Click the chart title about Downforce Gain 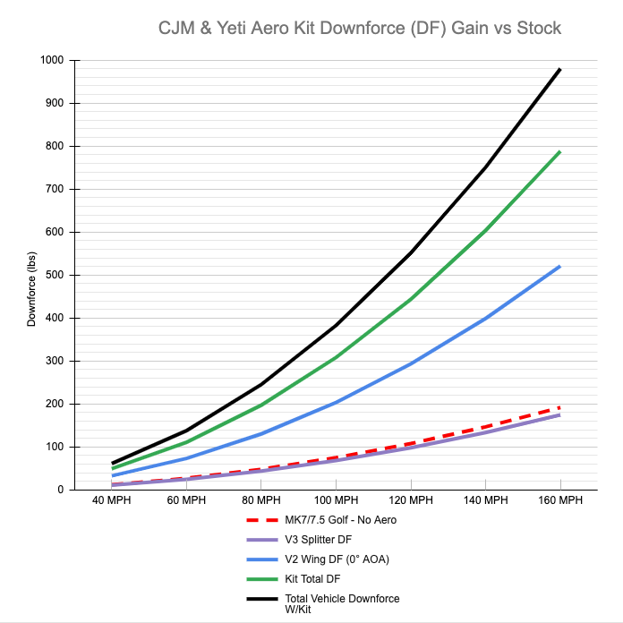pos(360,28)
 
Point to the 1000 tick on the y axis pos(52,60)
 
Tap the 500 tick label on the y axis pos(55,275)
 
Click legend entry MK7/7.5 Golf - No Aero pos(340,519)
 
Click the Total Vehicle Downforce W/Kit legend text pos(342,603)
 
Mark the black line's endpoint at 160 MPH pos(559,69)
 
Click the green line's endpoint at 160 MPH pos(559,151)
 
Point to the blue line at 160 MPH pos(559,266)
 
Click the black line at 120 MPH pos(411,252)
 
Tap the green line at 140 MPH pos(485,231)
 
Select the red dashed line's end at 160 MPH pos(559,407)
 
